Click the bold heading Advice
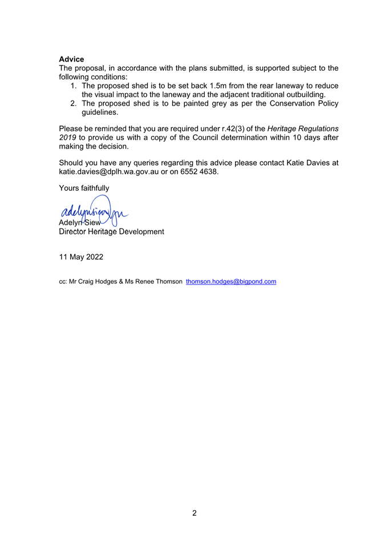click(x=71, y=59)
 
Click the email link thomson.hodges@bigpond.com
click(x=231, y=282)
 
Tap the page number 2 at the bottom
click(x=194, y=513)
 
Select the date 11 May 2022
click(x=81, y=257)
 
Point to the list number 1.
click(x=74, y=86)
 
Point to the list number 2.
click(x=74, y=103)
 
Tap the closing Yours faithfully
click(x=84, y=188)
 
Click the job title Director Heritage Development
click(x=111, y=231)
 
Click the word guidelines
click(x=100, y=112)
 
